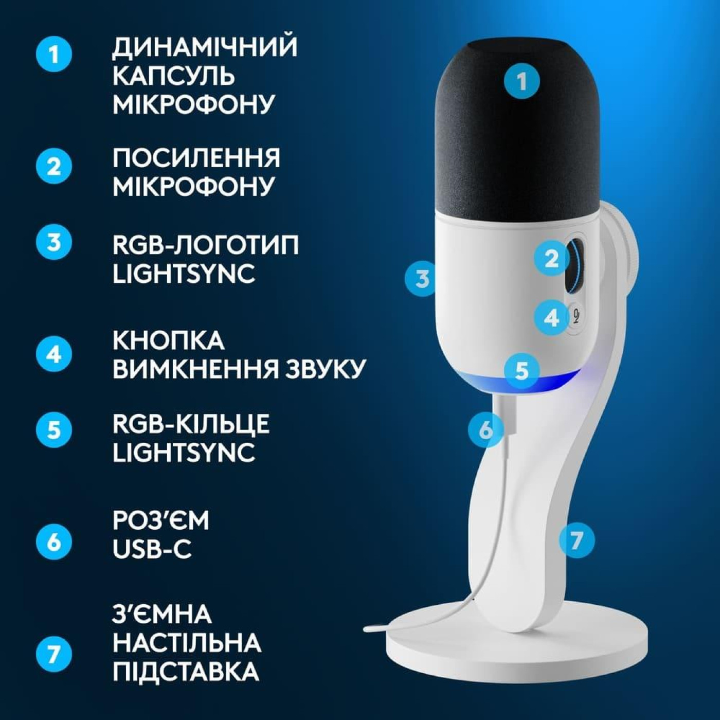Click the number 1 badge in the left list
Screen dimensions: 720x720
click(x=54, y=53)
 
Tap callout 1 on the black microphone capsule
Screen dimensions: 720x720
click(x=521, y=81)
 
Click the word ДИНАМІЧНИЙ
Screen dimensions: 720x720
click(x=205, y=47)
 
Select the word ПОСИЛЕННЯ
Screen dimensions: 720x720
click(x=196, y=158)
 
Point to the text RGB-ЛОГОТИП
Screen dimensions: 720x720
click(x=205, y=245)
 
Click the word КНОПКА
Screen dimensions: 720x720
click(x=169, y=340)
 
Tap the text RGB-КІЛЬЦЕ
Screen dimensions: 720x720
click(x=191, y=424)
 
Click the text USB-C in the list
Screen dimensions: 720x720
click(x=152, y=549)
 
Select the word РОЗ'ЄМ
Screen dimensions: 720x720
click(x=161, y=520)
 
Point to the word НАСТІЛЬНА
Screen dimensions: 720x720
click(x=187, y=643)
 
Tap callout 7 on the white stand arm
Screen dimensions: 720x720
click(x=576, y=540)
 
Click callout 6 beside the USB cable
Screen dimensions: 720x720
click(x=485, y=429)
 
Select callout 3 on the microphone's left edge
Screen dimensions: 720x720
click(x=422, y=279)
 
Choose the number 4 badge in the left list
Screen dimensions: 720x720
click(x=54, y=354)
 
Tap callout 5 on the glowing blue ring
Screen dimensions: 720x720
click(x=521, y=370)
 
